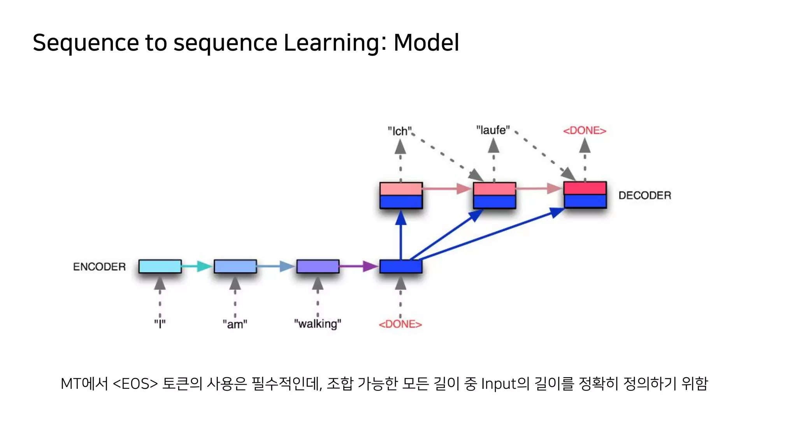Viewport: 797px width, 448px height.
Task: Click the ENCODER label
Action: (99, 267)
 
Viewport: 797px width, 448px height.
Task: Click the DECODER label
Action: (644, 195)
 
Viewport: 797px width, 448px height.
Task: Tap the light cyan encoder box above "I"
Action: (160, 266)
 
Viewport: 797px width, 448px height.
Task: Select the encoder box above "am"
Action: (235, 266)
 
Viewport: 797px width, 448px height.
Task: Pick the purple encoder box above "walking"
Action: (318, 266)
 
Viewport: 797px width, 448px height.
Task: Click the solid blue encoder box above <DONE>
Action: (400, 266)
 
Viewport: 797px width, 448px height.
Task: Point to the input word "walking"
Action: (318, 324)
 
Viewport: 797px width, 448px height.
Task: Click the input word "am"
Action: (235, 324)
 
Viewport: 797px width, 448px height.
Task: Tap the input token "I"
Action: (160, 324)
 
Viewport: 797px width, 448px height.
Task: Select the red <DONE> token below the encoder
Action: (400, 324)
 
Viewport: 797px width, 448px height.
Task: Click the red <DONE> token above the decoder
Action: (585, 131)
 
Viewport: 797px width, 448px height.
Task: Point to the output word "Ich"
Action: (400, 131)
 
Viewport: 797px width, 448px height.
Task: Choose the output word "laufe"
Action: (493, 130)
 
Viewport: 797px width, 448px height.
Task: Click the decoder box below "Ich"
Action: (401, 195)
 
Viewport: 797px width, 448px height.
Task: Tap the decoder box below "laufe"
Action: (494, 195)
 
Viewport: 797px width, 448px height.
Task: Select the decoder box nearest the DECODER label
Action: (585, 194)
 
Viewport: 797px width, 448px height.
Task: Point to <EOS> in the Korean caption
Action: (135, 384)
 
